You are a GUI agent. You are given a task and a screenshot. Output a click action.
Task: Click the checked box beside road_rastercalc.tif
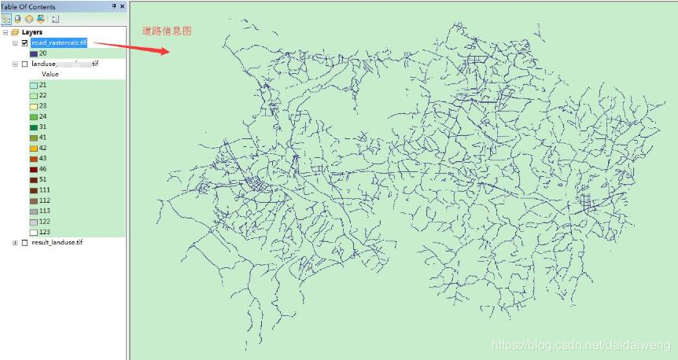[25, 42]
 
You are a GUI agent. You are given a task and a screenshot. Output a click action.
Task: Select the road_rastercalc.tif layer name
[59, 42]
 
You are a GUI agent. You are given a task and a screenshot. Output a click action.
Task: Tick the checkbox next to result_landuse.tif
[25, 242]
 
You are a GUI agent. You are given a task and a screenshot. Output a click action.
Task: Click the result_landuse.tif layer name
[57, 242]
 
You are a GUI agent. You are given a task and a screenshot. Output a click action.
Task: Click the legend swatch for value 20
[34, 53]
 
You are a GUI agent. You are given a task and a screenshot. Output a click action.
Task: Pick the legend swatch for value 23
[34, 105]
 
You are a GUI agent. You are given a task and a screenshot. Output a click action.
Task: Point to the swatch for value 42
[34, 148]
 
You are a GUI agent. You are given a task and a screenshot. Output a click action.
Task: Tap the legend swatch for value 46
[34, 169]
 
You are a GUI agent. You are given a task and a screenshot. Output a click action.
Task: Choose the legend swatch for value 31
[34, 127]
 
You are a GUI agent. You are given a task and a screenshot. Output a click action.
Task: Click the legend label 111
[44, 190]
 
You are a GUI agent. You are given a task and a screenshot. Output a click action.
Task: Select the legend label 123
[44, 232]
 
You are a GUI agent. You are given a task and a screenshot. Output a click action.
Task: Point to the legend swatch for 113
[34, 211]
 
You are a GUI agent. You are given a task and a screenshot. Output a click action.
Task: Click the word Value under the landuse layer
[50, 74]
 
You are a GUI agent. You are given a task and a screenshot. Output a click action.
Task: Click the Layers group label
[32, 32]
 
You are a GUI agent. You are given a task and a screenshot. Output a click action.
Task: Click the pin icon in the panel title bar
[114, 6]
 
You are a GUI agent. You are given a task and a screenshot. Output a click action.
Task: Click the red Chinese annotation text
[167, 31]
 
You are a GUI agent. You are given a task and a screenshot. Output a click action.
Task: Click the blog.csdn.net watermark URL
[580, 345]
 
